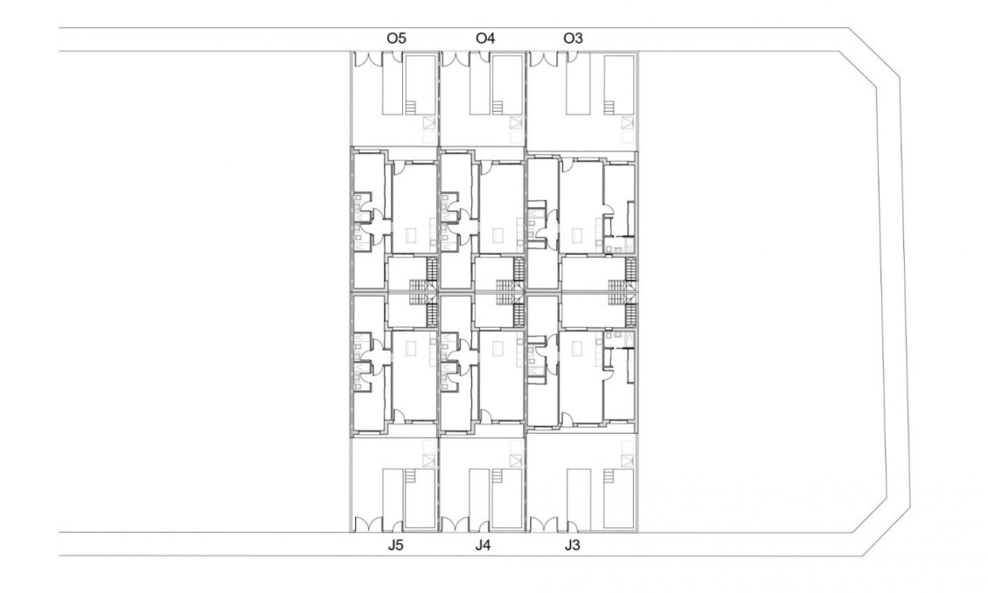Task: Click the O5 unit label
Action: pyautogui.click(x=396, y=38)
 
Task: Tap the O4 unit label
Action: pyautogui.click(x=485, y=38)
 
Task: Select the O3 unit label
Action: pyautogui.click(x=573, y=38)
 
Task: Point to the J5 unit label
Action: pyautogui.click(x=396, y=546)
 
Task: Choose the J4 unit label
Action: pyautogui.click(x=484, y=546)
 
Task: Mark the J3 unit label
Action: pyautogui.click(x=572, y=546)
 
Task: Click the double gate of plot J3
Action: pyautogui.click(x=542, y=524)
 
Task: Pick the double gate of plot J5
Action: pyautogui.click(x=367, y=524)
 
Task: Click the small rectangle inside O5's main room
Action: pyautogui.click(x=411, y=235)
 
